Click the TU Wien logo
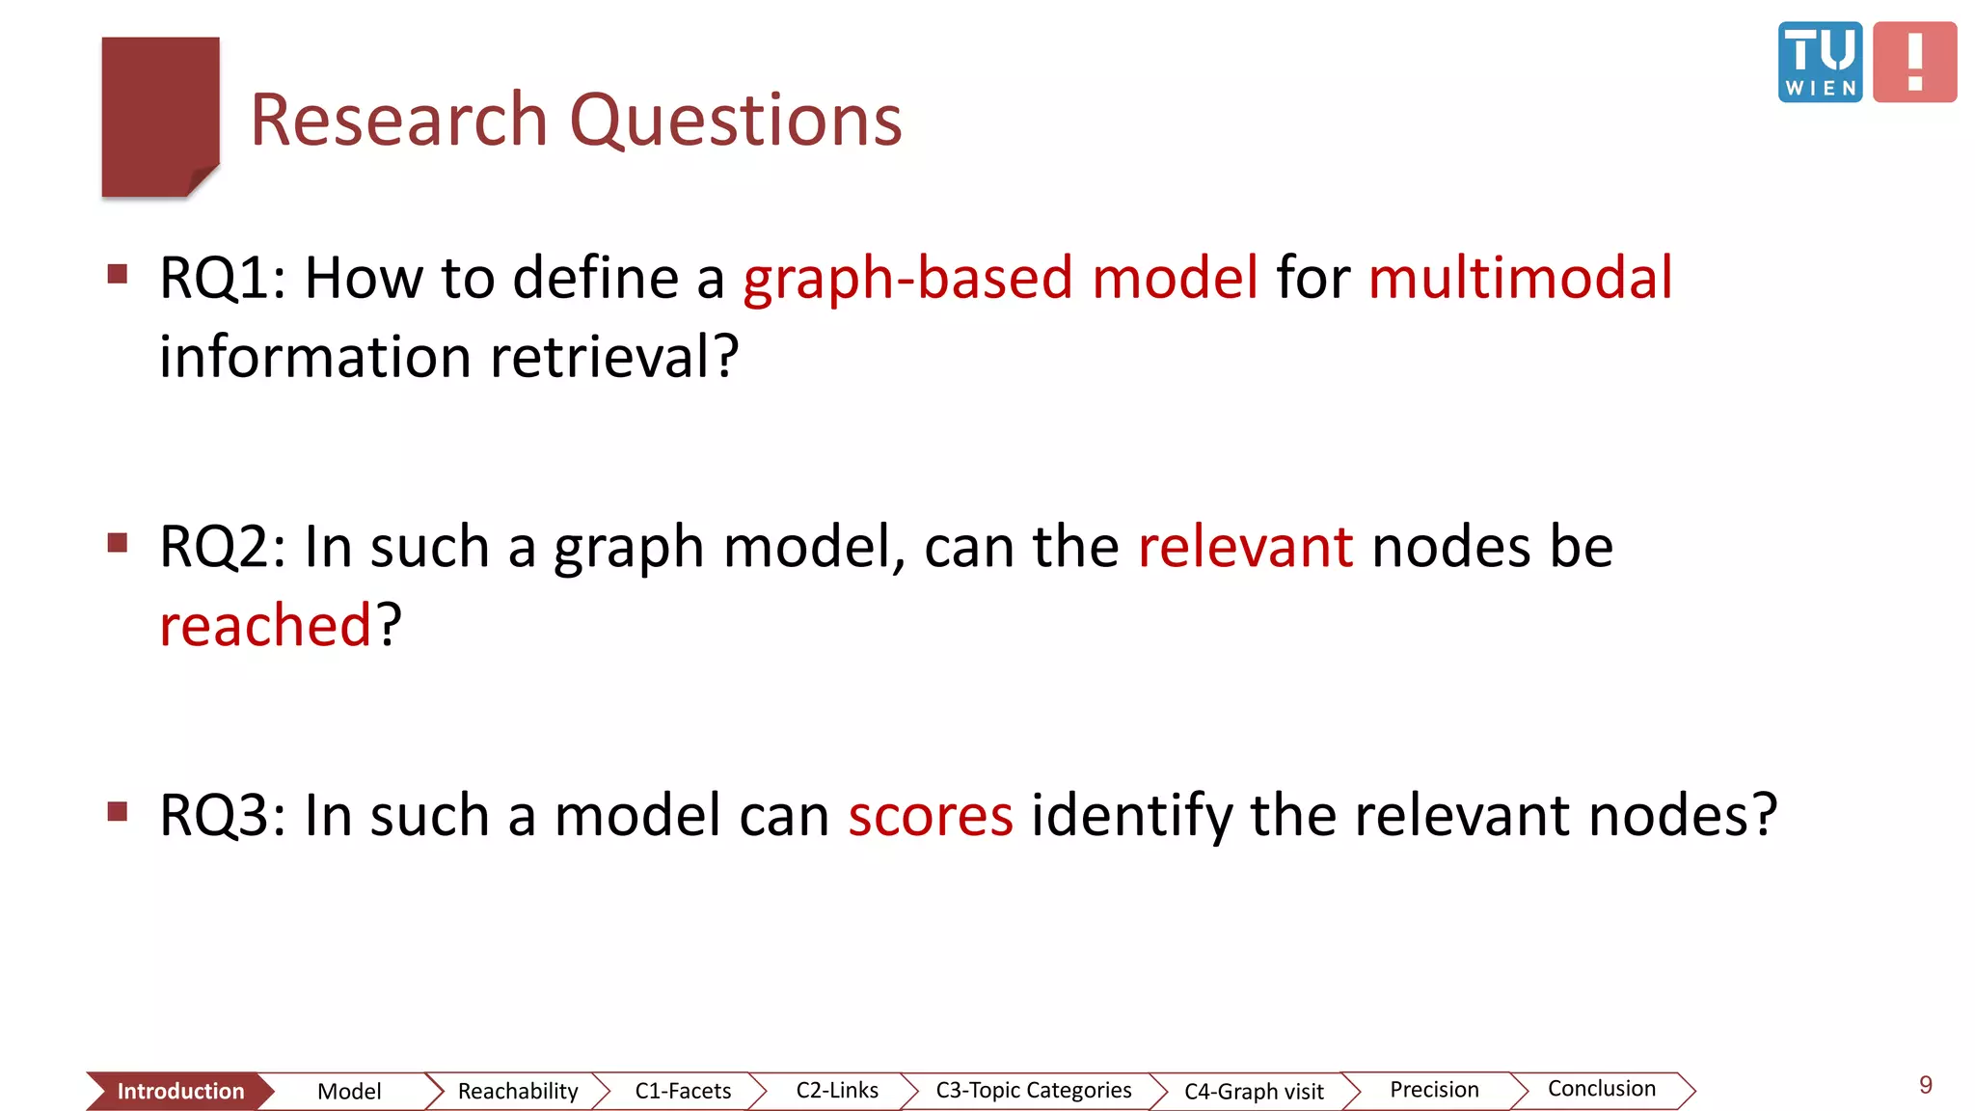click(1820, 62)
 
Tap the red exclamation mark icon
click(1914, 62)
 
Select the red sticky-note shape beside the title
click(160, 116)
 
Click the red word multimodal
click(1520, 278)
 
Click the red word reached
click(265, 625)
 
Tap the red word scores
click(931, 815)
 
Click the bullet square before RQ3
click(118, 811)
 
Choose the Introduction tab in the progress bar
click(180, 1091)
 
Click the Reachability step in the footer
click(518, 1091)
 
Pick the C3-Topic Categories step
click(1033, 1090)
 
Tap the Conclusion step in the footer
click(1601, 1089)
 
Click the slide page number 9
click(1925, 1085)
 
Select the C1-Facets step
click(683, 1091)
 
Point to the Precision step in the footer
click(1434, 1090)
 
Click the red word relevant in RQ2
click(1245, 547)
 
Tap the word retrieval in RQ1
click(614, 357)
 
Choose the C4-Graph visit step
click(1254, 1091)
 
